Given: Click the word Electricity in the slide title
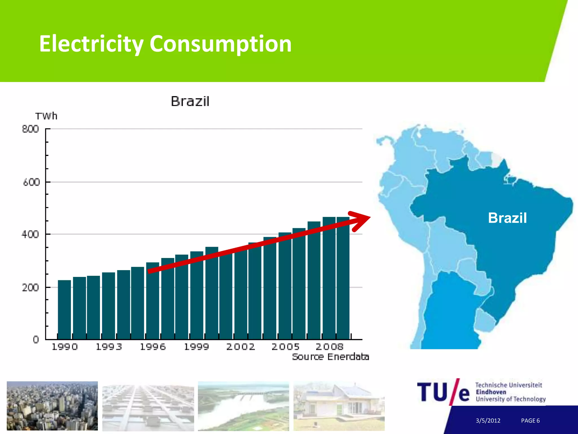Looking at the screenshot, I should tap(91, 44).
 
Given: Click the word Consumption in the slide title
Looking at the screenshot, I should tap(220, 44).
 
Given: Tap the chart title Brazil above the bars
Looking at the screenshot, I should tap(190, 101).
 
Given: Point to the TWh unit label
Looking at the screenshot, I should tap(46, 116).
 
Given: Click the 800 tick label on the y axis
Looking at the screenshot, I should tap(30, 129).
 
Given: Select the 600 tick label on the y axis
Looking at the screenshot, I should tap(31, 182).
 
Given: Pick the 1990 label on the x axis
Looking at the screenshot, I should tap(65, 347).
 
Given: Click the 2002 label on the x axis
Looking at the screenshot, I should tap(241, 347).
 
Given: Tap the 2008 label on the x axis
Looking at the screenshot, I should tap(329, 347).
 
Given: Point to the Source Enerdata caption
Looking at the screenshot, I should tap(330, 357).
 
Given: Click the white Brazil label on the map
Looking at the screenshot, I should tap(507, 218).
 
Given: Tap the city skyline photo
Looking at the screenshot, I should tap(52, 406).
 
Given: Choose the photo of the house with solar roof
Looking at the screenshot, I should tap(339, 406).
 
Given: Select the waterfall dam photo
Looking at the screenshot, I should tap(243, 406).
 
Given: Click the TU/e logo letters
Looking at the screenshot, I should tap(443, 392).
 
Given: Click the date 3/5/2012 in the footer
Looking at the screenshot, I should tap(488, 420).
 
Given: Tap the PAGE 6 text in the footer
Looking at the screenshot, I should tap(530, 420).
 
